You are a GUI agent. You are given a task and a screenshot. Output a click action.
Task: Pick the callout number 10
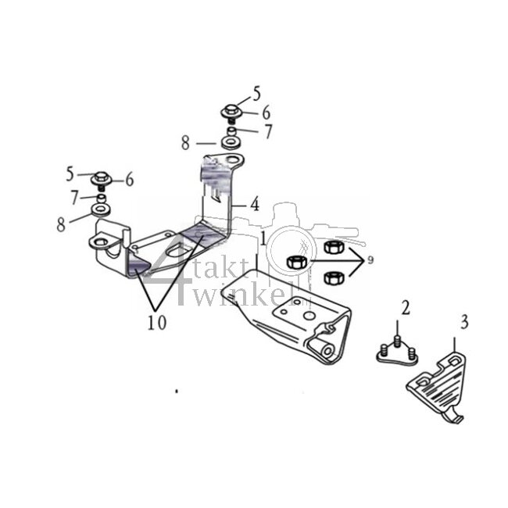159,322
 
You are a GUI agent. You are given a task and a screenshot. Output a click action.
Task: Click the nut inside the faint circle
296,262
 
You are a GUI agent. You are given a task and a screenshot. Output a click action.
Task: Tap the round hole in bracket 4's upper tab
233,163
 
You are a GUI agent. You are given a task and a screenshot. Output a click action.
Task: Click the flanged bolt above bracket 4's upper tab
231,112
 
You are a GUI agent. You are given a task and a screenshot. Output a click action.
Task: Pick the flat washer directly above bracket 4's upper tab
231,144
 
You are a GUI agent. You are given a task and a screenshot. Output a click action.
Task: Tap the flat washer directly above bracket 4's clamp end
101,211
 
